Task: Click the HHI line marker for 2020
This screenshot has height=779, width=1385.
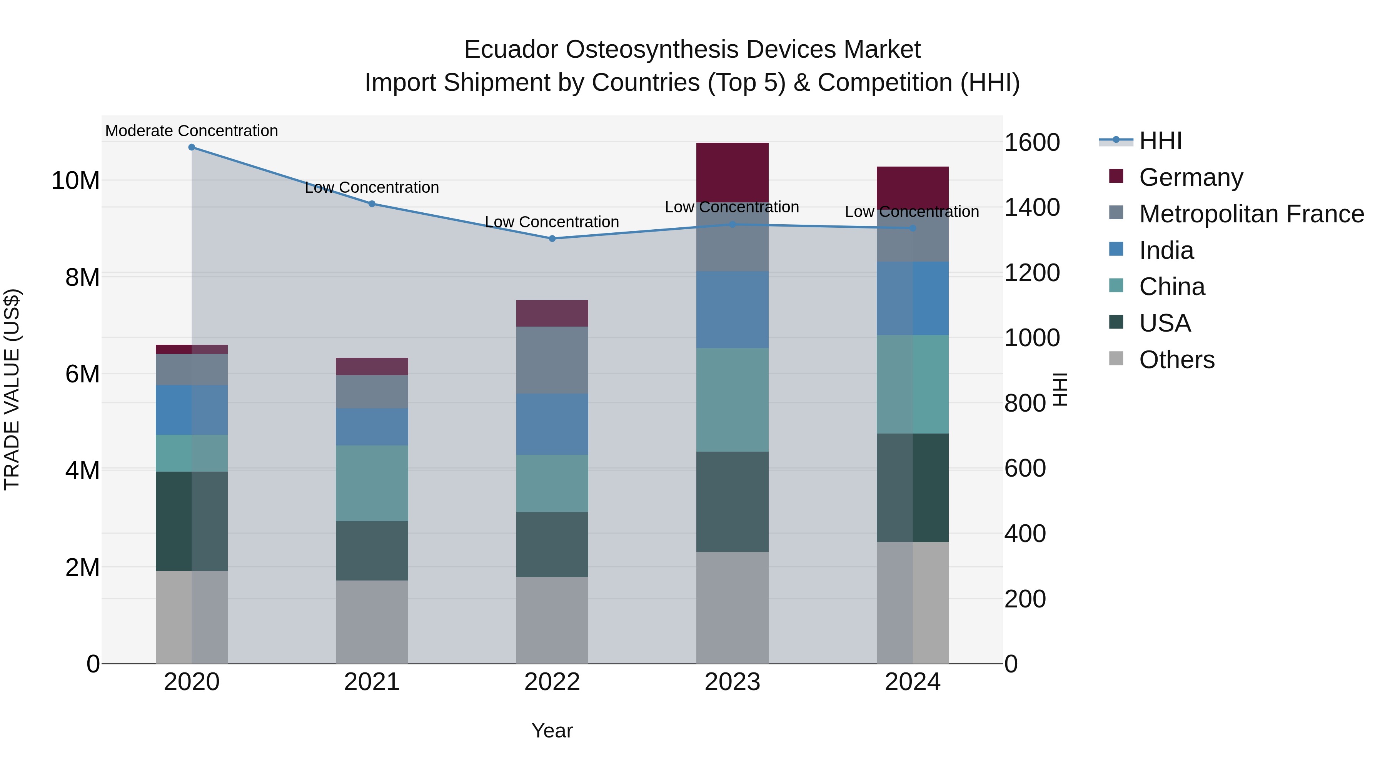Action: point(192,147)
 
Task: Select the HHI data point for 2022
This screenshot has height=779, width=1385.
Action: point(552,239)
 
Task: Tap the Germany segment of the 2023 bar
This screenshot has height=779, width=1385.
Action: point(732,172)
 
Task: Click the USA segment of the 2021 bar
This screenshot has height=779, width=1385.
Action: point(372,550)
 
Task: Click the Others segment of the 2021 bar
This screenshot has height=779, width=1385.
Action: point(372,622)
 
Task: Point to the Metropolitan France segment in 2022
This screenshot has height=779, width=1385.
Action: point(552,360)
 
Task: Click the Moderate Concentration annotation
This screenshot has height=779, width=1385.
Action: point(192,131)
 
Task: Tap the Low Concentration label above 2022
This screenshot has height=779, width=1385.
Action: point(552,222)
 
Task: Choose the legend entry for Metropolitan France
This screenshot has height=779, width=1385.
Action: point(1251,214)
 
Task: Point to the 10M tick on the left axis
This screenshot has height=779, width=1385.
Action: point(75,181)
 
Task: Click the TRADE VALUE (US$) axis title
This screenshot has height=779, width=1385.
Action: point(12,389)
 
